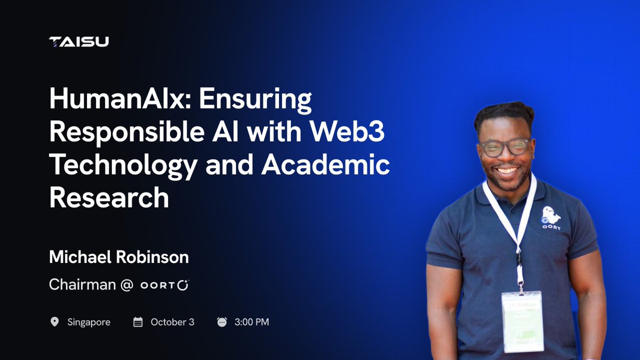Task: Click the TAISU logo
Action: tap(79, 42)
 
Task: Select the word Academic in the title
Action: tap(325, 165)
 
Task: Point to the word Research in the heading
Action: tap(109, 198)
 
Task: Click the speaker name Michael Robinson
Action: tap(119, 258)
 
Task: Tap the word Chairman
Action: tap(82, 285)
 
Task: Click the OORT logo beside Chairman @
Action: tap(165, 285)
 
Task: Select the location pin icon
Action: tap(54, 322)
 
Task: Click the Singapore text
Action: tap(89, 322)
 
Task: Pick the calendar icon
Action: tap(138, 322)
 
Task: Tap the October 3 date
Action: tap(172, 322)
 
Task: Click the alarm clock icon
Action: tap(222, 322)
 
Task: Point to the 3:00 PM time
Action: tap(252, 322)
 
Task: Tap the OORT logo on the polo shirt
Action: tap(551, 218)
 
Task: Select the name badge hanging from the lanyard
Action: tap(522, 321)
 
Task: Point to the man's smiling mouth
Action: tap(507, 171)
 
